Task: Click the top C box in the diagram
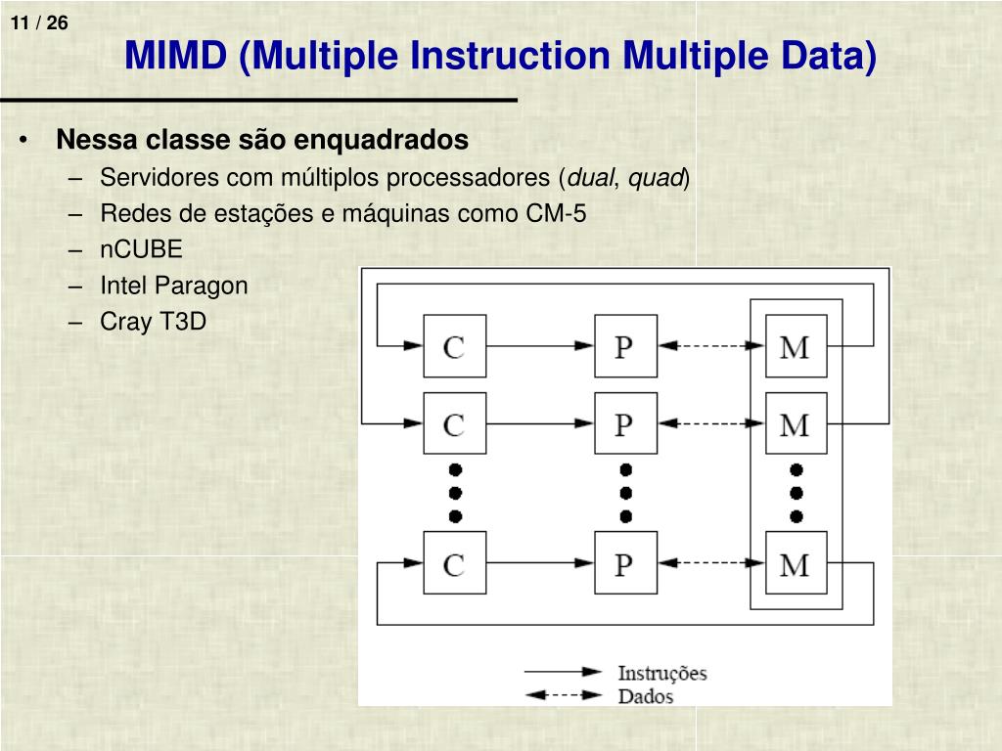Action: [x=454, y=346]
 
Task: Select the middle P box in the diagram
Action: [x=625, y=423]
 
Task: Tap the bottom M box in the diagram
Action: [x=796, y=562]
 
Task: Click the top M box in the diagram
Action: [x=796, y=346]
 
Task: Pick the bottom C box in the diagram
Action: [x=454, y=562]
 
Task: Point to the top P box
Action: [x=625, y=346]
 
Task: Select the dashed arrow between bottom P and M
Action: [x=710, y=562]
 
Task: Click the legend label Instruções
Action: [x=661, y=673]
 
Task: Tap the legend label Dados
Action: [x=645, y=697]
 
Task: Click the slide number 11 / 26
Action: [x=41, y=22]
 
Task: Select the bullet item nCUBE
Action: [x=141, y=249]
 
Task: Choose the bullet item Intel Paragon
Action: [x=173, y=286]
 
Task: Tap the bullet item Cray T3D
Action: [x=153, y=322]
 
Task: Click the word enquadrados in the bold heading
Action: [x=397, y=140]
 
